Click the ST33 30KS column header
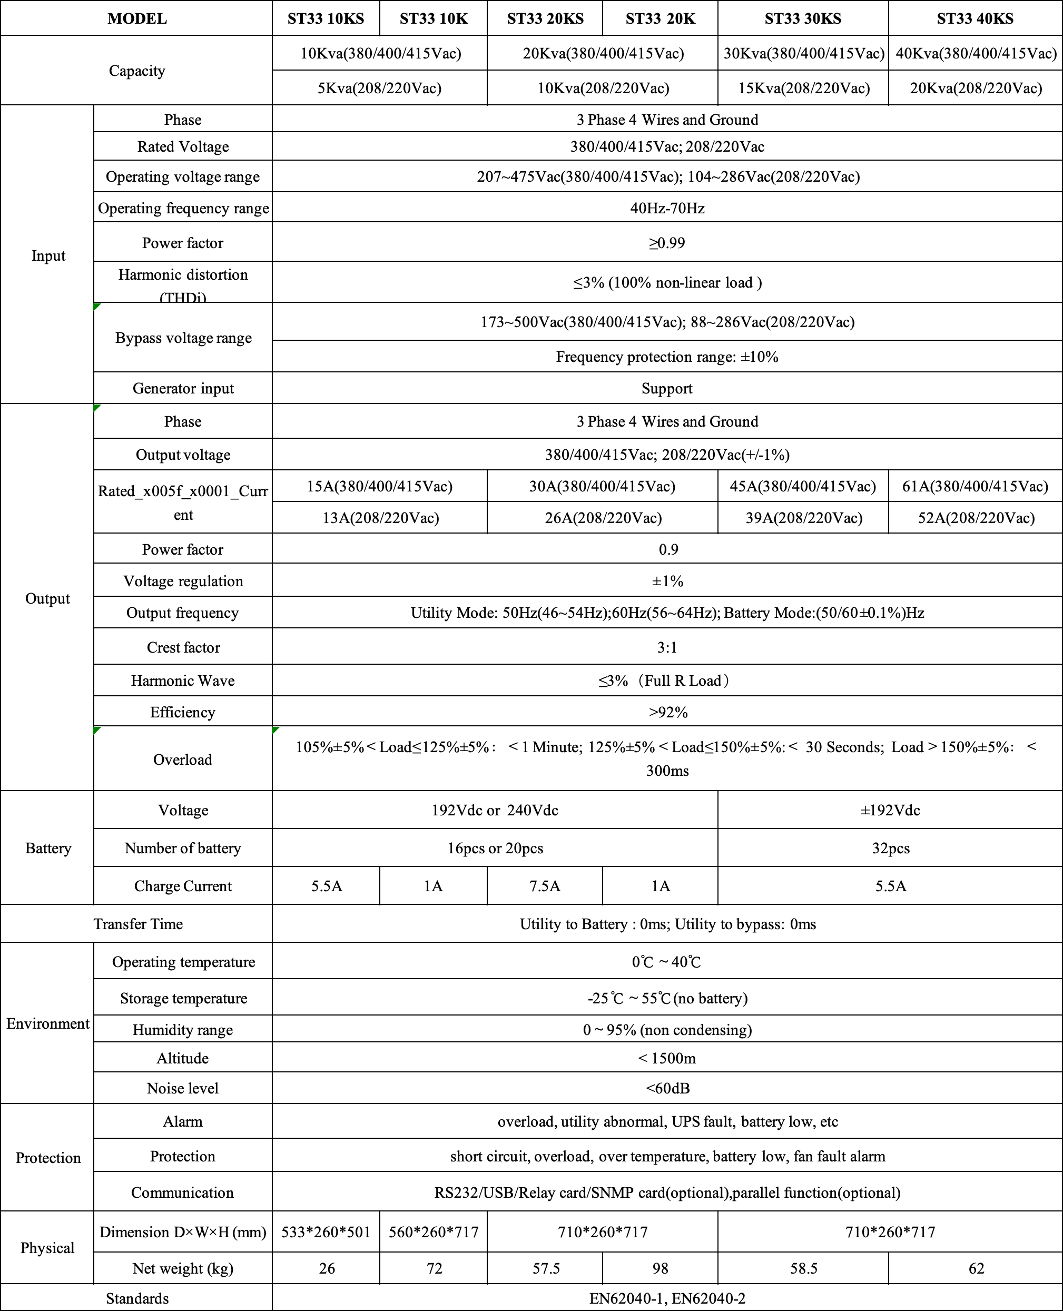click(x=802, y=18)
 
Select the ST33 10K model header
click(x=434, y=18)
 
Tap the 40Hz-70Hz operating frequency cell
click(x=667, y=208)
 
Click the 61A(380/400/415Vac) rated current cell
click(x=975, y=486)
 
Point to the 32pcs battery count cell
click(x=890, y=848)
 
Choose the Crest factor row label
click(x=183, y=647)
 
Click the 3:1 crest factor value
click(x=667, y=647)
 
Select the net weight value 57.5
click(x=546, y=1268)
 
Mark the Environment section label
click(x=48, y=1024)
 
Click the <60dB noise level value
click(x=667, y=1088)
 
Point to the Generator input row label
click(x=183, y=388)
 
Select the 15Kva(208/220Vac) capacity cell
click(x=803, y=88)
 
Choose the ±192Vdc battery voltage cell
click(x=890, y=810)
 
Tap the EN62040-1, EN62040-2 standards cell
click(x=667, y=1298)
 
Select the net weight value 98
click(x=660, y=1268)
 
